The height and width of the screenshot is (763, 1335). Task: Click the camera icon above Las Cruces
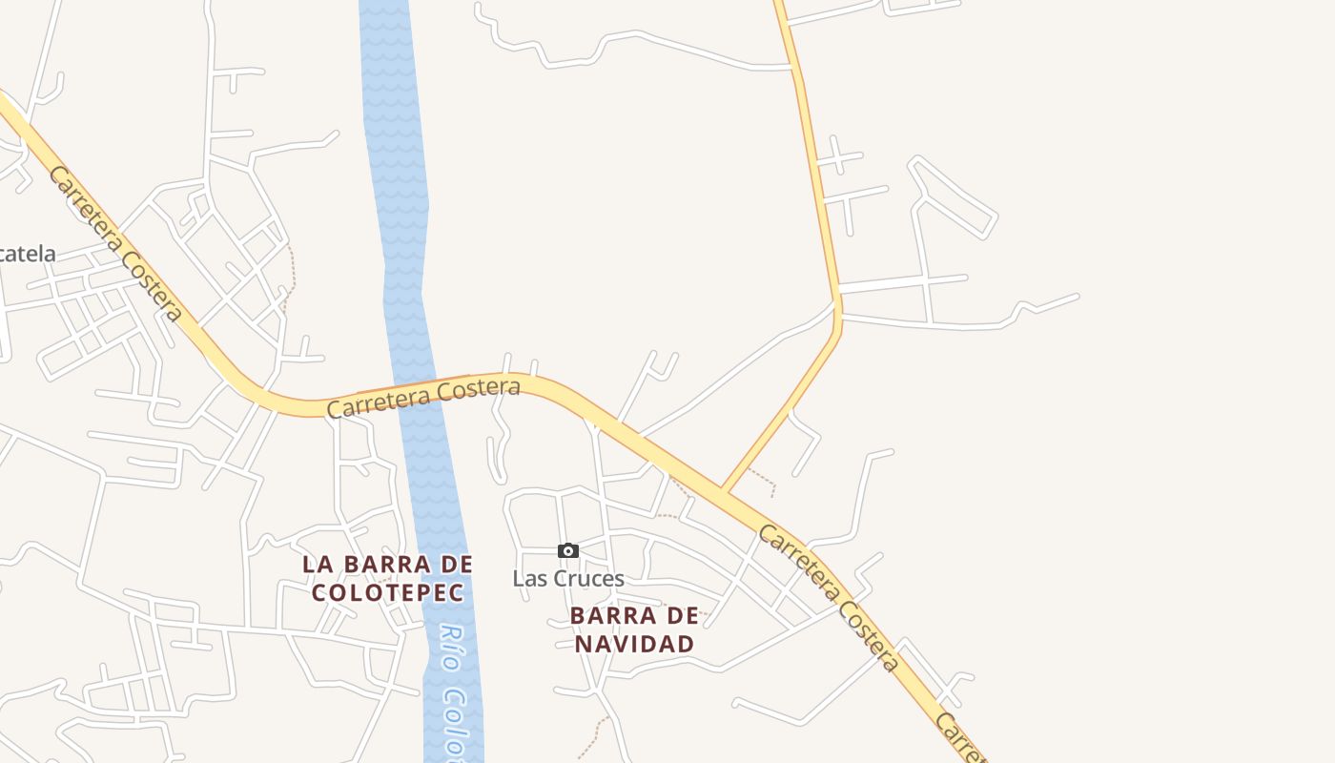click(x=568, y=550)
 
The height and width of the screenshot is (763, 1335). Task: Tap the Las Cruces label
click(x=568, y=578)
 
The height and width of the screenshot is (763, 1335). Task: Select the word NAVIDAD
click(x=634, y=644)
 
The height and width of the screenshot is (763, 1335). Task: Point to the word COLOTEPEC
click(x=388, y=592)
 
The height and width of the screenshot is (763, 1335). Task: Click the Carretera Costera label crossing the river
click(x=423, y=398)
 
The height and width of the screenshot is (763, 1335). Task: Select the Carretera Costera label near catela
click(x=115, y=243)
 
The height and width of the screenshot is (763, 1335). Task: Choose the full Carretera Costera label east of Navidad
click(x=829, y=597)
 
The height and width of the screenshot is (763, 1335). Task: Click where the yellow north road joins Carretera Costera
click(x=726, y=490)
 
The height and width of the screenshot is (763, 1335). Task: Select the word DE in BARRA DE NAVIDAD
click(x=684, y=616)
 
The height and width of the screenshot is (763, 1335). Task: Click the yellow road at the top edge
click(x=781, y=8)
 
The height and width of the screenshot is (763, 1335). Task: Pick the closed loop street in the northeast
click(x=954, y=198)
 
